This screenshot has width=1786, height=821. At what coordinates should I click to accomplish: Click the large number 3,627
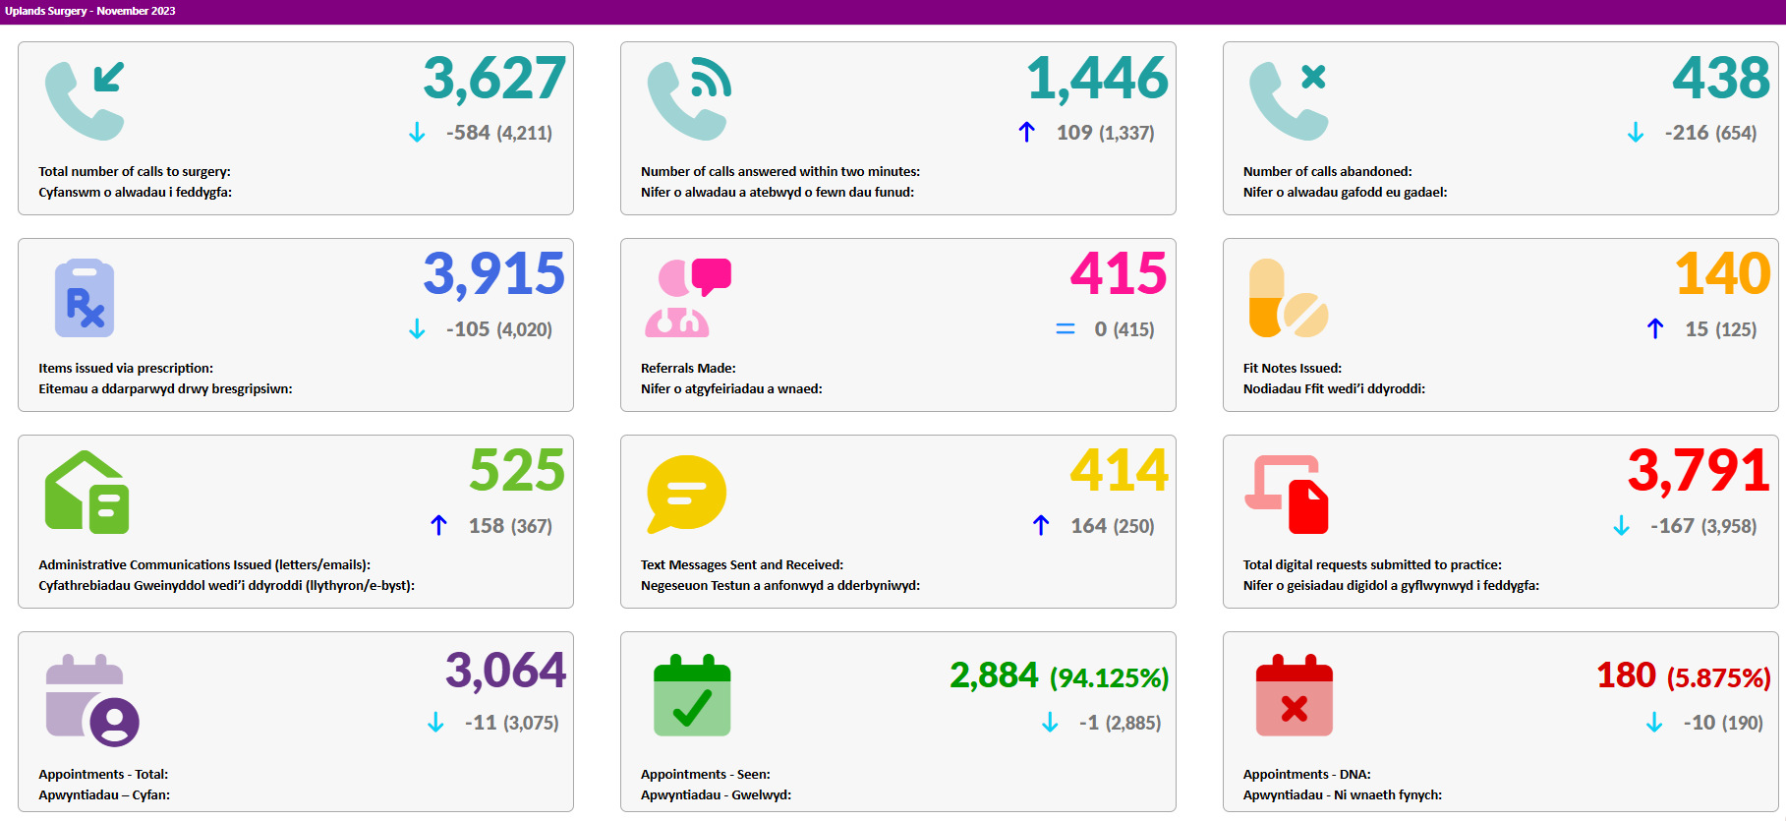pyautogui.click(x=494, y=79)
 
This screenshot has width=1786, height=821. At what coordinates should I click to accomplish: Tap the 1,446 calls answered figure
pyautogui.click(x=1097, y=79)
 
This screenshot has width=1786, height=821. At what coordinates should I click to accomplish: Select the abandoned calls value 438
pyautogui.click(x=1721, y=78)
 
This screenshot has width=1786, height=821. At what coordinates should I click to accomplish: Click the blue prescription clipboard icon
pyautogui.click(x=85, y=298)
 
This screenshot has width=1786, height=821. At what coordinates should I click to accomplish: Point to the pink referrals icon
pyautogui.click(x=688, y=298)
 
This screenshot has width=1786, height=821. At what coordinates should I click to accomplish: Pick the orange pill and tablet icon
pyautogui.click(x=1288, y=298)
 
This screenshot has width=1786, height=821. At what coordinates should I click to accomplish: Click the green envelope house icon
pyautogui.click(x=86, y=493)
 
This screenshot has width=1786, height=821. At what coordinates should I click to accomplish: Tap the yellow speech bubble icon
pyautogui.click(x=686, y=494)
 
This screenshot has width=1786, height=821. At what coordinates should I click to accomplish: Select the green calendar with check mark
pyautogui.click(x=692, y=695)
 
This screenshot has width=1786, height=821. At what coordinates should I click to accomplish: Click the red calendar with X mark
pyautogui.click(x=1295, y=695)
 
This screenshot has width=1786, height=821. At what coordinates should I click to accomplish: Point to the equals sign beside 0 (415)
pyautogui.click(x=1066, y=329)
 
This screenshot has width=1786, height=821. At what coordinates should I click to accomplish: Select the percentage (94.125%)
pyautogui.click(x=1109, y=677)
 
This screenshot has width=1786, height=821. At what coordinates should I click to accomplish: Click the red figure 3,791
pyautogui.click(x=1699, y=471)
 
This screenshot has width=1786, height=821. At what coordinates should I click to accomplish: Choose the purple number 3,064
pyautogui.click(x=505, y=671)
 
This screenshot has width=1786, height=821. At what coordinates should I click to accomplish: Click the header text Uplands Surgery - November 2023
pyautogui.click(x=90, y=11)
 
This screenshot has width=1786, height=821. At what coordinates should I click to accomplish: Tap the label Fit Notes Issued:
pyautogui.click(x=1292, y=368)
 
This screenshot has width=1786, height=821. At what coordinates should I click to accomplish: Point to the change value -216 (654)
pyautogui.click(x=1710, y=133)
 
